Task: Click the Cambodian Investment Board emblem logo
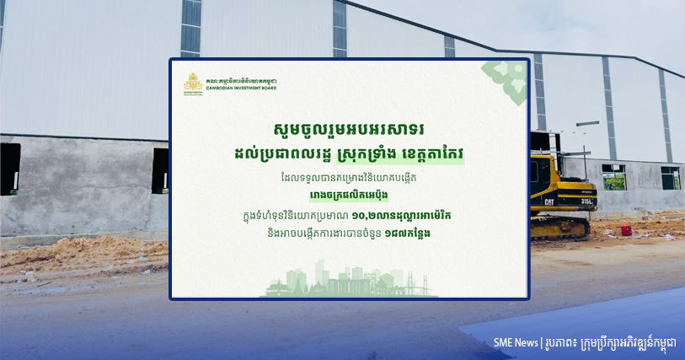pyautogui.click(x=193, y=83)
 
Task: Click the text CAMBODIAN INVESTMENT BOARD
pyautogui.click(x=241, y=89)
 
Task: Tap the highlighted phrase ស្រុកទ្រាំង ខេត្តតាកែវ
pyautogui.click(x=399, y=154)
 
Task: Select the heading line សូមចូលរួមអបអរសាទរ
pyautogui.click(x=349, y=130)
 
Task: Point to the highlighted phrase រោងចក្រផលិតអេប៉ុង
pyautogui.click(x=349, y=196)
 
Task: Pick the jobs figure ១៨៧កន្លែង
pyautogui.click(x=407, y=234)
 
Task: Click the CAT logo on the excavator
pyautogui.click(x=549, y=201)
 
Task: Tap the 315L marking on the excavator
pyautogui.click(x=586, y=201)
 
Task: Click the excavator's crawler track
pyautogui.click(x=560, y=227)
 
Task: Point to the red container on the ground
pyautogui.click(x=627, y=230)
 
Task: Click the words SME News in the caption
pyautogui.click(x=516, y=343)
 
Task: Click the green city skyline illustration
pyautogui.click(x=349, y=280)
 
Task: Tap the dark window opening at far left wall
pyautogui.click(x=9, y=169)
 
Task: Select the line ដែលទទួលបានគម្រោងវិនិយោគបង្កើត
pyautogui.click(x=348, y=178)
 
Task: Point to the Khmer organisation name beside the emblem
pyautogui.click(x=241, y=81)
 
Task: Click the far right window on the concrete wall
pyautogui.click(x=670, y=178)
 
